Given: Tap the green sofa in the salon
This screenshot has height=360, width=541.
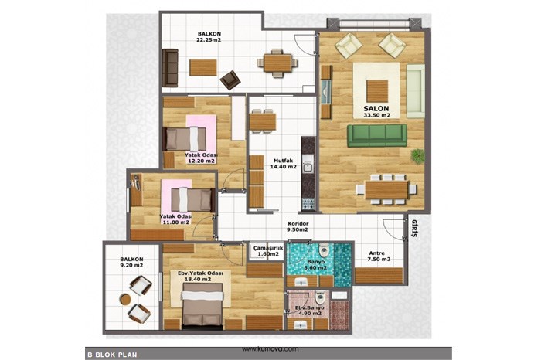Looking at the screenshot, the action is tap(377, 135).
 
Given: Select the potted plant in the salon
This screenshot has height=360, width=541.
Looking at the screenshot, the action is tap(418, 156).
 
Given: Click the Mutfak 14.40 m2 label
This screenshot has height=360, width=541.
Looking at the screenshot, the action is tap(284, 164).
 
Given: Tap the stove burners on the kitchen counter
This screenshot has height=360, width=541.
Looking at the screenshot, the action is tap(308, 204).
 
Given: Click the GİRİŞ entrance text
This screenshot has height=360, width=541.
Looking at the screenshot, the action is tap(414, 228).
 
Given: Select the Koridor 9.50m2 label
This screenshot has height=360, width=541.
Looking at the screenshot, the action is tap(298, 226).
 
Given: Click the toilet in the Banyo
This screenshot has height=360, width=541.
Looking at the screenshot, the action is tap(324, 251).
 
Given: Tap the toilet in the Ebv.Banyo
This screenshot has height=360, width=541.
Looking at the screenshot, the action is tap(320, 297).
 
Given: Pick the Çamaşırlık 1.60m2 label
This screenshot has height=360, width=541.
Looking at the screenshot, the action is tap(268, 251).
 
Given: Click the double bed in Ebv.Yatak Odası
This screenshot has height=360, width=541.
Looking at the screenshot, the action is tap(202, 304).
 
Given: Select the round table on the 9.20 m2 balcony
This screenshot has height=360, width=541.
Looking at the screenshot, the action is tap(125, 299).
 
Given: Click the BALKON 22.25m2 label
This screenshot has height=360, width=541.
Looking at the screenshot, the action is tap(209, 37).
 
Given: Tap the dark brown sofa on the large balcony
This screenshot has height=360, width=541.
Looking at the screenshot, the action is tap(170, 68).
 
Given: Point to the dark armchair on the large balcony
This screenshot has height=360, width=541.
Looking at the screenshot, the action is tap(230, 80).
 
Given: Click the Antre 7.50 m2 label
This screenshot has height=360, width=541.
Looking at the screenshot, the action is tap(379, 256).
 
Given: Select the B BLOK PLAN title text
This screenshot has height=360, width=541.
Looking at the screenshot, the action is tap(112, 355).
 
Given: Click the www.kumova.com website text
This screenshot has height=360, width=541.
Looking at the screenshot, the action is tap(270, 349).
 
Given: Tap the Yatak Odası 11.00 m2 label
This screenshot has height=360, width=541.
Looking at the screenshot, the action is tap(176, 219).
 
